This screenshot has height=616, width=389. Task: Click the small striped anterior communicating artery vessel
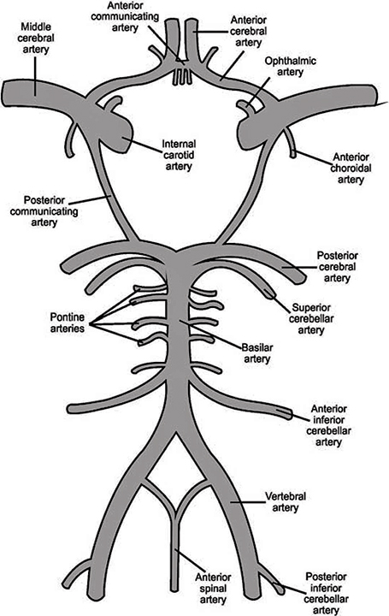click(181, 77)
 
